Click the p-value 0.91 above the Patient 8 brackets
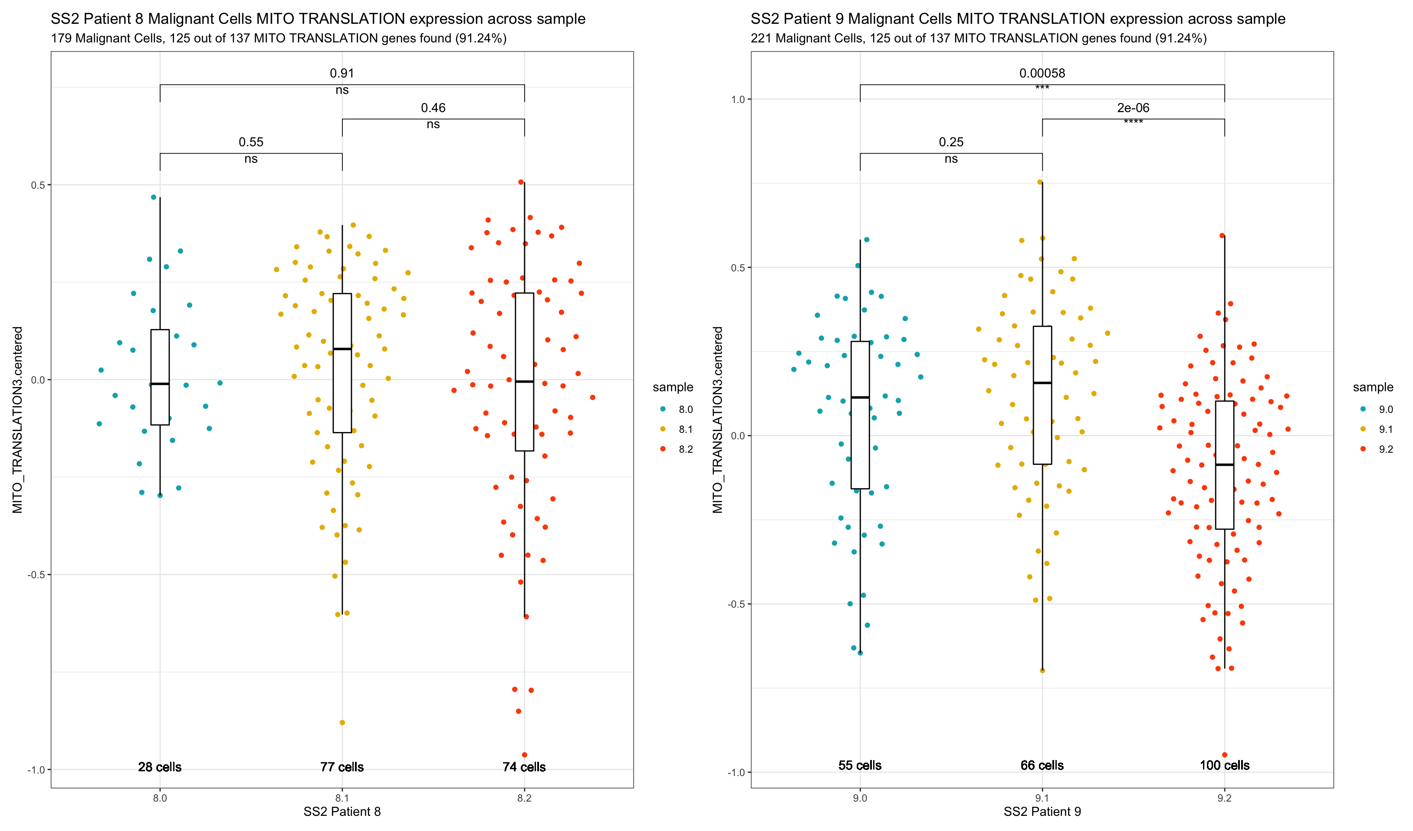(342, 74)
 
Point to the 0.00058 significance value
(1042, 74)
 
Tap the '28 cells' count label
(160, 767)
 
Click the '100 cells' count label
(1224, 765)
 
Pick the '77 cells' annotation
(342, 767)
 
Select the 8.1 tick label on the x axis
(342, 798)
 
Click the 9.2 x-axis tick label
(1224, 798)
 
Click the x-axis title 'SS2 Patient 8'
(342, 812)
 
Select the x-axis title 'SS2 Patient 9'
(1042, 812)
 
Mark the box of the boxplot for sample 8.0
(160, 359)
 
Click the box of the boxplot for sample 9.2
(1224, 493)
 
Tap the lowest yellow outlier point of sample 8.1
(342, 722)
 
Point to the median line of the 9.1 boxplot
(1042, 383)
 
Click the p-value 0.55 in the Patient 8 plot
(251, 142)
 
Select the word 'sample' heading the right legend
(1373, 387)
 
